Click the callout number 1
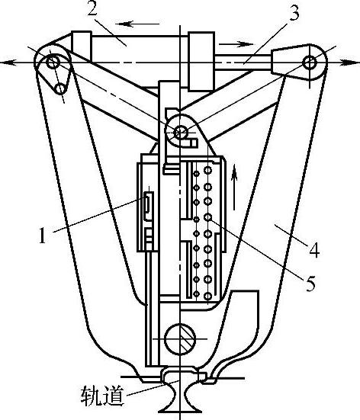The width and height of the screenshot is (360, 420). [x=43, y=236]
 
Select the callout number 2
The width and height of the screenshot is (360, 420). [x=92, y=11]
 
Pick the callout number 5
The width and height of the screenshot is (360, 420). [x=310, y=284]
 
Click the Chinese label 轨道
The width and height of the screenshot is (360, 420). [x=103, y=396]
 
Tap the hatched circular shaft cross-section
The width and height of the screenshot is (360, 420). [x=180, y=339]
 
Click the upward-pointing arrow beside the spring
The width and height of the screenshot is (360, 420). [x=234, y=187]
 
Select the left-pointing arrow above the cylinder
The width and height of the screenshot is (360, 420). [x=138, y=24]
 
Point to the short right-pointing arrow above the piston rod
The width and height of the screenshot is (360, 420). [x=236, y=44]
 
